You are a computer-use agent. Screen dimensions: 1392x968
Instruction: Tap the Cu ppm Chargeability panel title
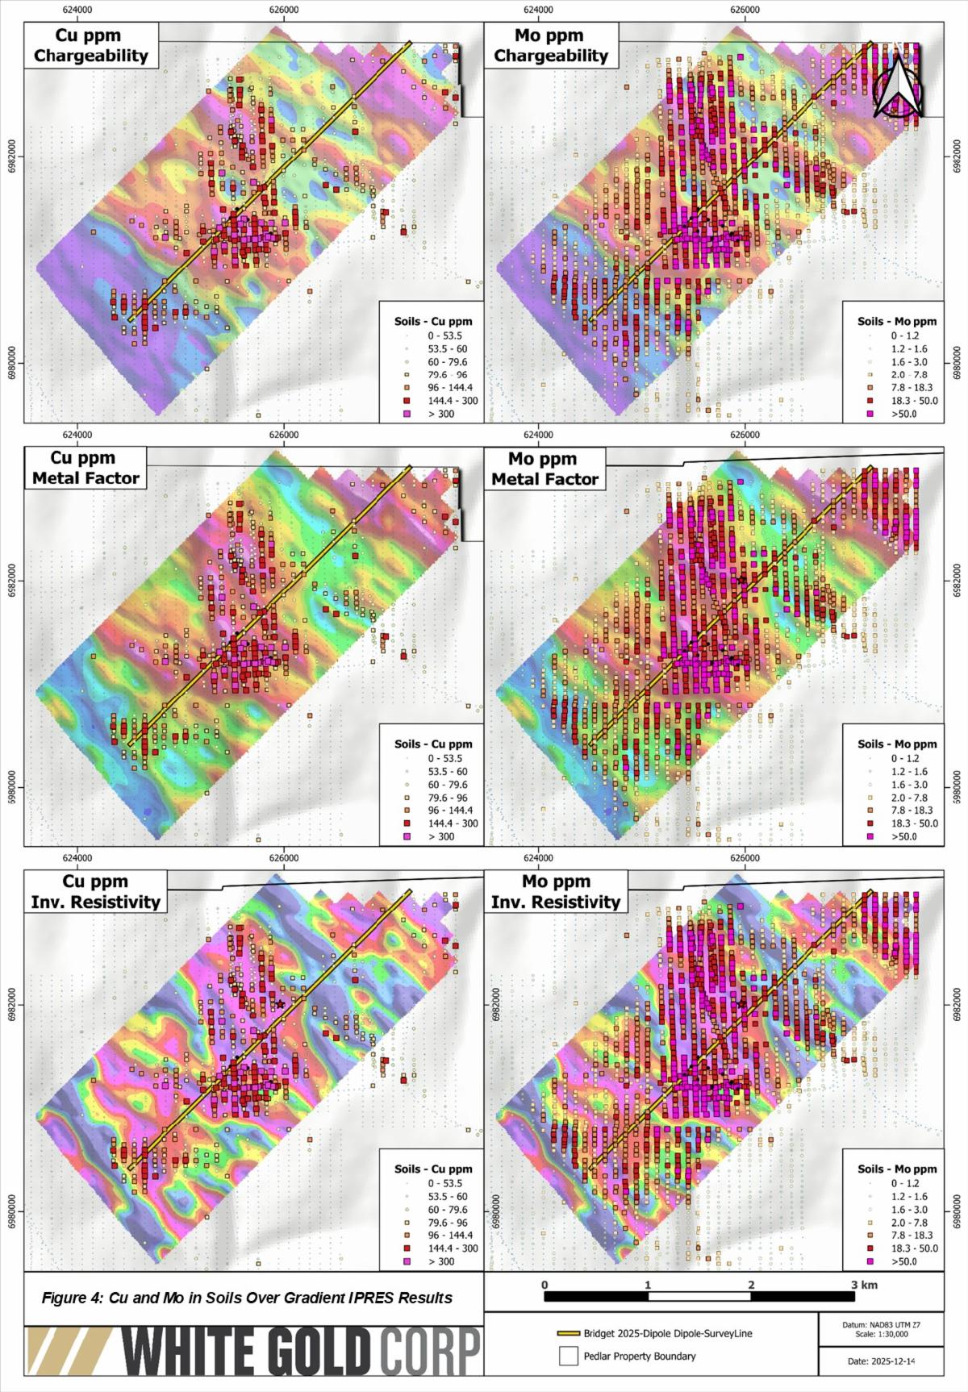pyautogui.click(x=91, y=45)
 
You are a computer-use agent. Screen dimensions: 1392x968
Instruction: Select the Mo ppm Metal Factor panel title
pyautogui.click(x=544, y=469)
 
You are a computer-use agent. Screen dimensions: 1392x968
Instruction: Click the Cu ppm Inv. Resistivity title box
pyautogui.click(x=95, y=891)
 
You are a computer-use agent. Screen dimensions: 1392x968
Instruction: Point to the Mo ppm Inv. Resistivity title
pyautogui.click(x=556, y=891)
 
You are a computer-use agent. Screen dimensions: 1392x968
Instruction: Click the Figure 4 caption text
pyautogui.click(x=247, y=1298)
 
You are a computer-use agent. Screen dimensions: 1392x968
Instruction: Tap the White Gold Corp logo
pyautogui.click(x=254, y=1351)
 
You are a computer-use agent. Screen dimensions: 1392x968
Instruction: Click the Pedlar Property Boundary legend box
pyautogui.click(x=569, y=1356)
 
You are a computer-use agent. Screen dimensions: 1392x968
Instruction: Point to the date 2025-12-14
pyautogui.click(x=880, y=1361)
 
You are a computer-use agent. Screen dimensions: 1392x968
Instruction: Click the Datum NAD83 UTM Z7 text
pyautogui.click(x=880, y=1325)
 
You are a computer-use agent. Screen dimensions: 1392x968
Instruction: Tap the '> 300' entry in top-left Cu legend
pyautogui.click(x=440, y=414)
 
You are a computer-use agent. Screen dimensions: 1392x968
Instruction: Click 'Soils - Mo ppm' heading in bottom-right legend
pyautogui.click(x=897, y=1169)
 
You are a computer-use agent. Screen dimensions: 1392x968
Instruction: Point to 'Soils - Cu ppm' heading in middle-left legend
pyautogui.click(x=433, y=744)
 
